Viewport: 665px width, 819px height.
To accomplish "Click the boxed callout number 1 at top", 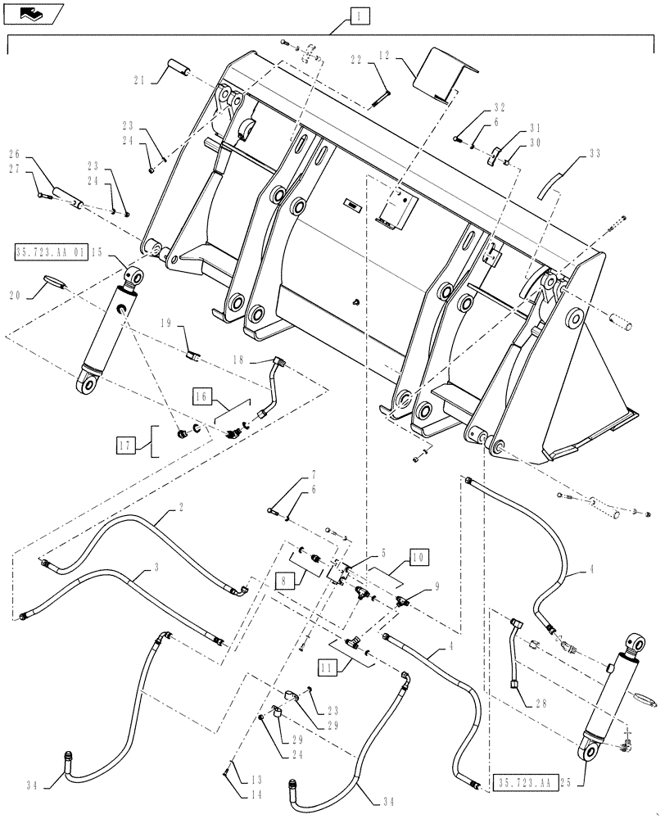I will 358,15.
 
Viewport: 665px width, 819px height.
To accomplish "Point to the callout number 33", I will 594,153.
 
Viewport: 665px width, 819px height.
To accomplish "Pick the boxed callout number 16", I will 201,396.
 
